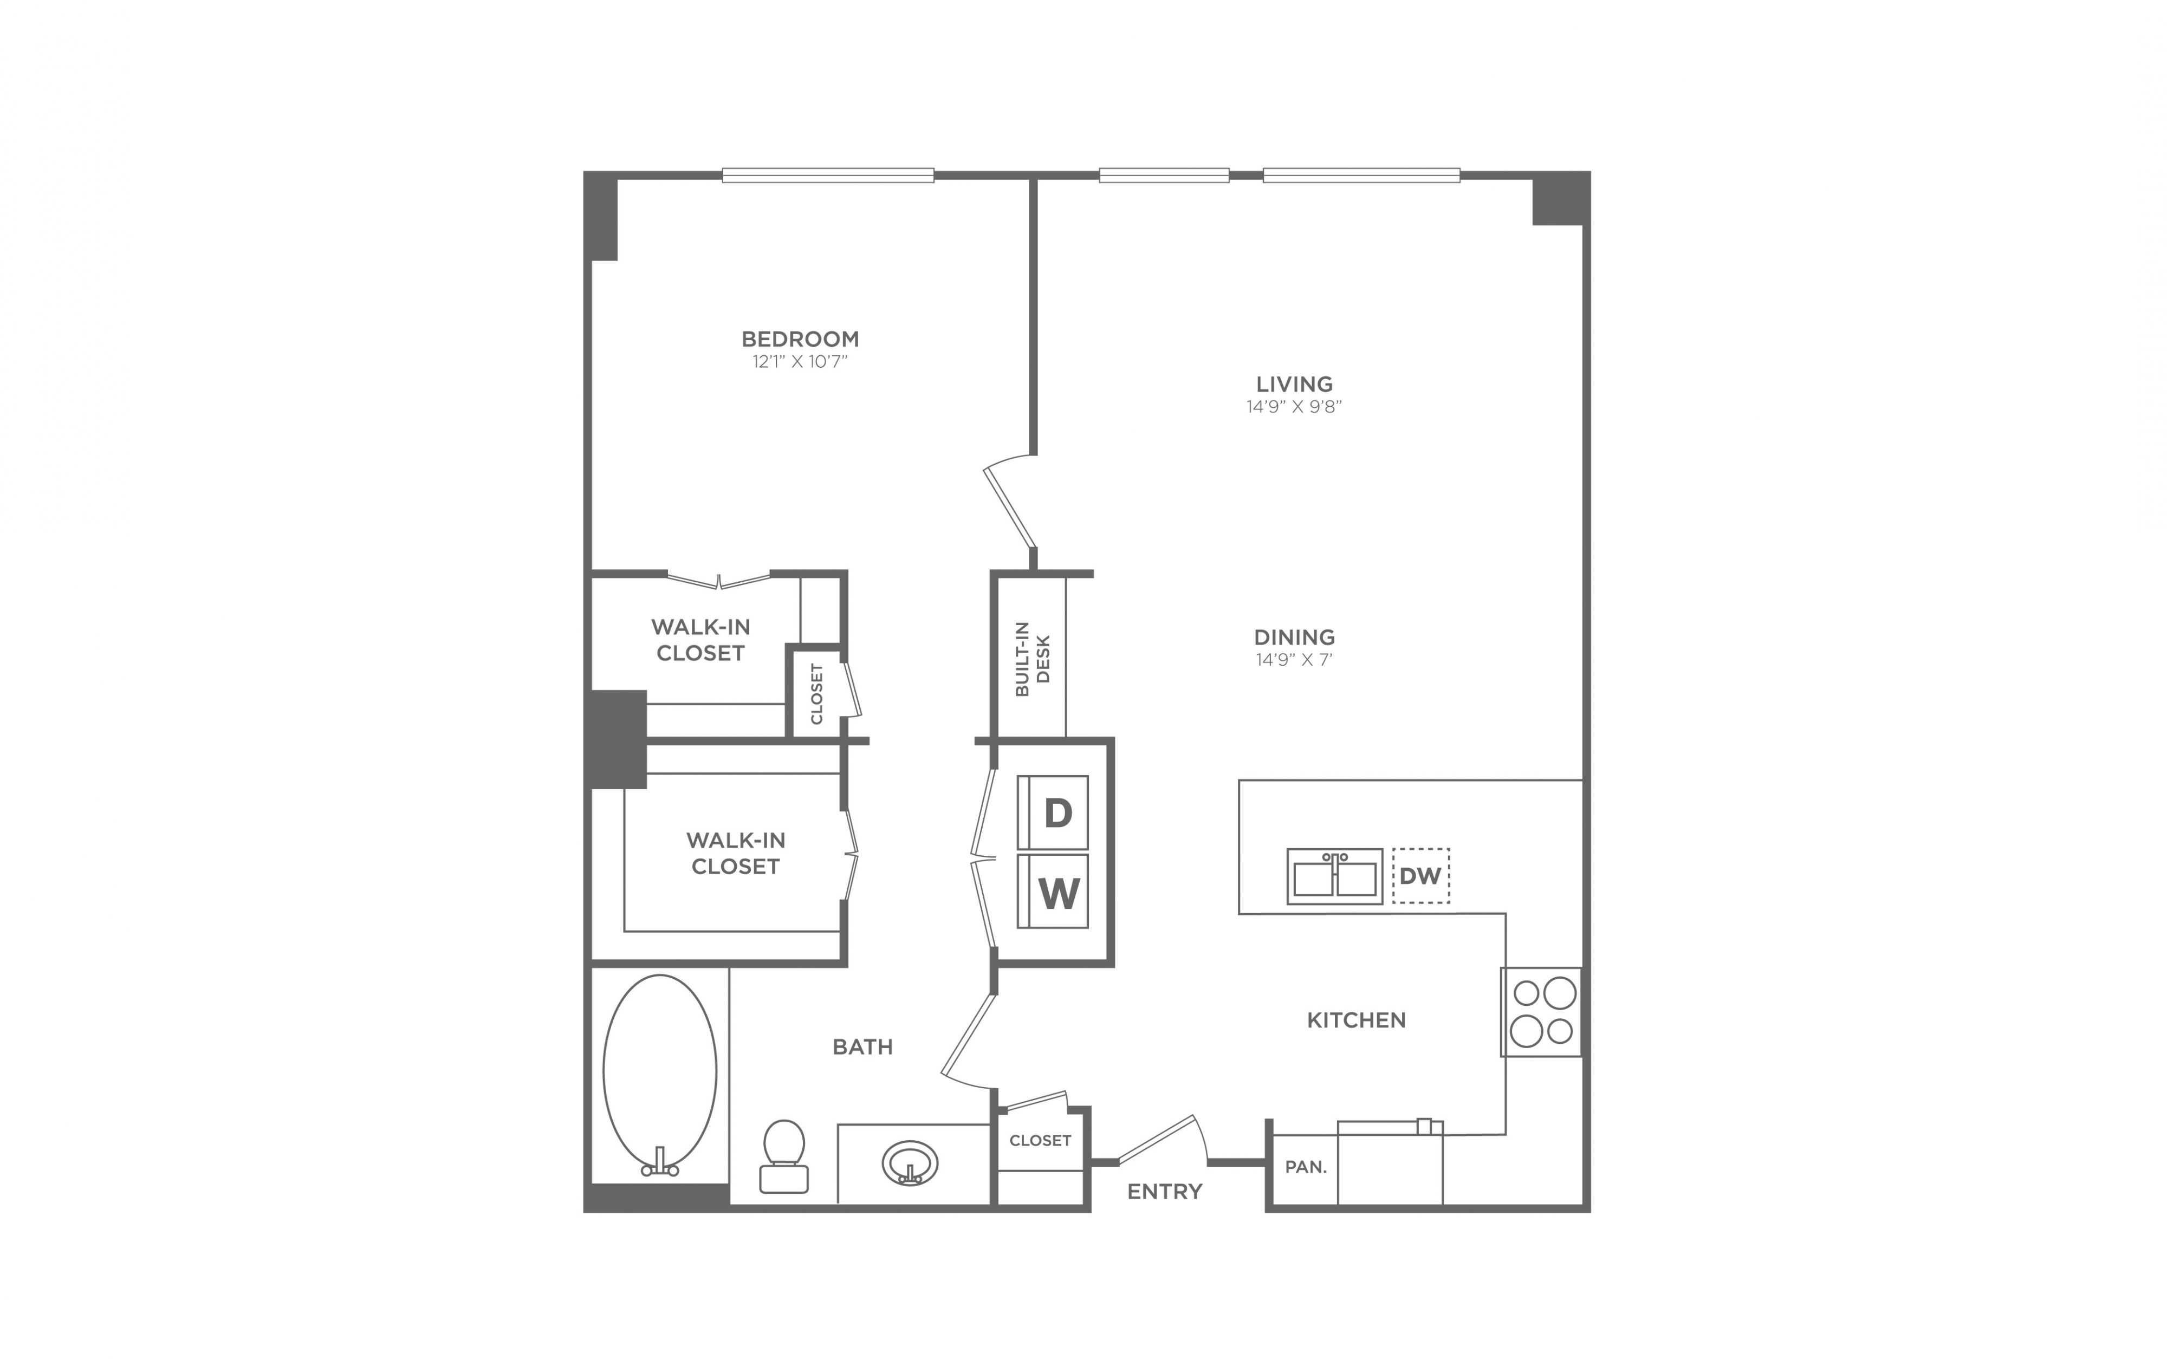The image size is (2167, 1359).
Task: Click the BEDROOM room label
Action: (x=800, y=339)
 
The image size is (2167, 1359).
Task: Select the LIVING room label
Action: (x=1294, y=384)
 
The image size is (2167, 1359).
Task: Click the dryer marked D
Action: (x=1053, y=812)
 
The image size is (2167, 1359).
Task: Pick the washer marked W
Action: (x=1053, y=890)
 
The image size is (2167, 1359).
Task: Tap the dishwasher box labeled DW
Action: (x=1421, y=875)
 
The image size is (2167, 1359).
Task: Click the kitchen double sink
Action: (x=1335, y=876)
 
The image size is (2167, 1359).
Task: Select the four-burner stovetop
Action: (x=1541, y=1011)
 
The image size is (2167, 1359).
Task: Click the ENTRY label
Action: (x=1165, y=1192)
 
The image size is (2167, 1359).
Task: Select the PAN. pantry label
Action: (x=1306, y=1167)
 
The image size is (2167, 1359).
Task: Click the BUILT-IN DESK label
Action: (x=1033, y=659)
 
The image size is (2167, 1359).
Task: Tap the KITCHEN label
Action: (x=1357, y=1020)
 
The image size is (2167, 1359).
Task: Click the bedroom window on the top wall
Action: (x=828, y=175)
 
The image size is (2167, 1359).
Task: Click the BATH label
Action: (x=863, y=1046)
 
